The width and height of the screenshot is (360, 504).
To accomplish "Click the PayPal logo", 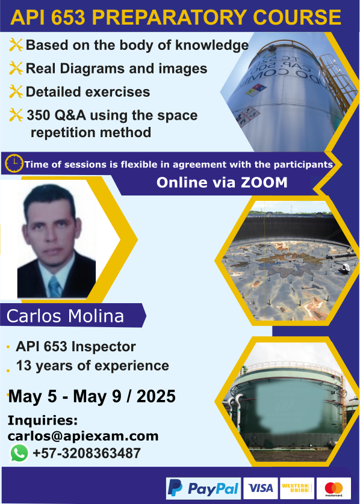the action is coord(203,488).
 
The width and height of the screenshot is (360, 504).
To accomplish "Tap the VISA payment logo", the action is coord(260,488).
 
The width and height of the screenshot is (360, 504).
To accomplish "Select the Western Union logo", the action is coord(297,488).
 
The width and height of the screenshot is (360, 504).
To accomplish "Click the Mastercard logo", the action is coord(334,488).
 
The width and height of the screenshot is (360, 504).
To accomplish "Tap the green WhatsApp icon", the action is coord(19,453).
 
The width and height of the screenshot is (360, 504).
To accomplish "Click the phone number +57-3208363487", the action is coord(87,453).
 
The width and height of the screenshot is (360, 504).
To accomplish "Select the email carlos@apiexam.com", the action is coord(83,436).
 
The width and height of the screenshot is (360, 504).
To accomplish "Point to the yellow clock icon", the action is coord(14,163).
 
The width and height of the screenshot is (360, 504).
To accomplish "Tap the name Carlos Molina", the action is coord(65,316).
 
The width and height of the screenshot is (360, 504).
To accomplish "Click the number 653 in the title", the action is coord(68,17).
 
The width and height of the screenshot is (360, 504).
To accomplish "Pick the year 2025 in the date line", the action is coord(156,396).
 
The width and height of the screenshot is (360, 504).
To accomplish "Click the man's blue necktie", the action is coord(55,287).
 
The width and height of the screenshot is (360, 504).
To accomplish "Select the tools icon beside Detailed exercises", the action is coord(16,91).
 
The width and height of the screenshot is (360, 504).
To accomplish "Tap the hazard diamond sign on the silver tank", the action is coord(256,90).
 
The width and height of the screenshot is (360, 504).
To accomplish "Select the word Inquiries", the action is coord(43,420).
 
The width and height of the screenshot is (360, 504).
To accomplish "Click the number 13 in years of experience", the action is coord(23,366).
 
